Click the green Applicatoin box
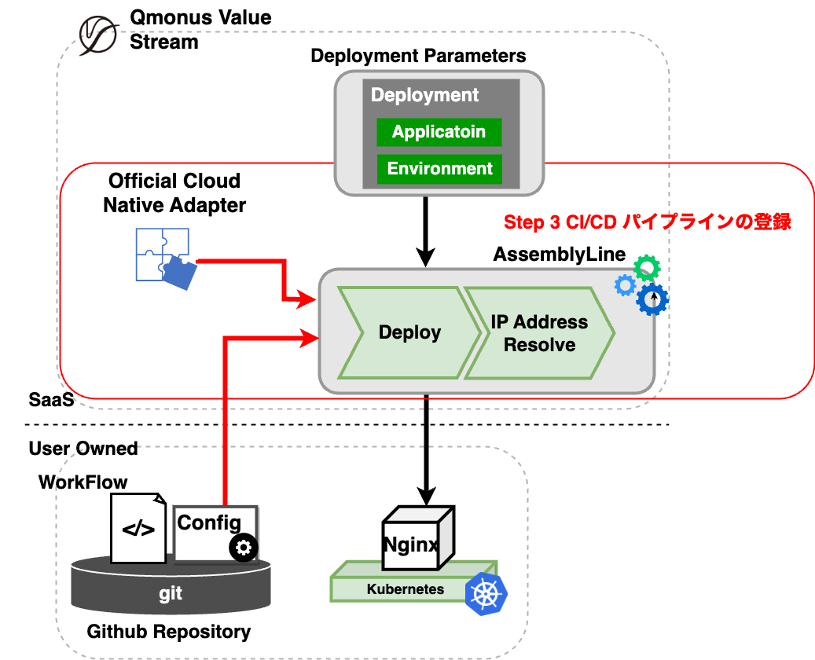(x=439, y=132)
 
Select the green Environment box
(x=439, y=168)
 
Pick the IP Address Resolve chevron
(x=539, y=333)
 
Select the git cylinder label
(x=171, y=593)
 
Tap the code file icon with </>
(x=138, y=528)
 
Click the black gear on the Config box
(x=244, y=547)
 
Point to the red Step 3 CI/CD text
(x=647, y=222)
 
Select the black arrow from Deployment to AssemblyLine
(x=425, y=231)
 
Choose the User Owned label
(x=83, y=449)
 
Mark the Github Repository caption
(x=169, y=631)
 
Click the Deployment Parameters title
(x=418, y=56)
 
